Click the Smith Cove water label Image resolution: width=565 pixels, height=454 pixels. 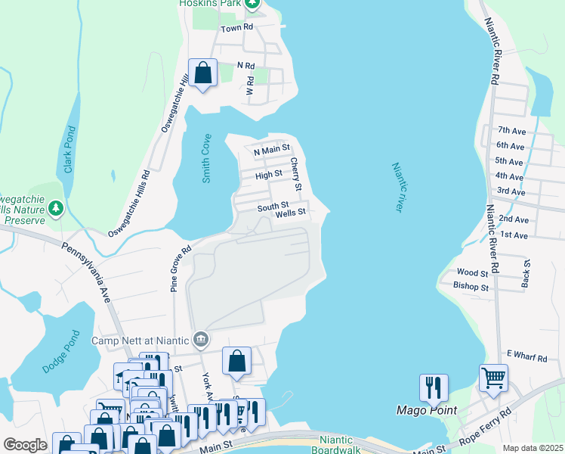(x=206, y=159)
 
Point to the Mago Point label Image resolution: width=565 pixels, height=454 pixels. (x=427, y=411)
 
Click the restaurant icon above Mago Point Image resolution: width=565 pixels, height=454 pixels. (x=434, y=387)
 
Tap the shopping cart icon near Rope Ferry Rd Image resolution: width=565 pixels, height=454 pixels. (x=493, y=377)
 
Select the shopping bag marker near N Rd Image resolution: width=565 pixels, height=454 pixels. (x=203, y=73)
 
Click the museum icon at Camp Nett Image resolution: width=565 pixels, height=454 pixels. (x=200, y=338)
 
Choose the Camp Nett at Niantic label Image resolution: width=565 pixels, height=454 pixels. (x=140, y=340)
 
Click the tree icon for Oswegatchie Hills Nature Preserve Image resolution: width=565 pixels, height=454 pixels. (x=55, y=207)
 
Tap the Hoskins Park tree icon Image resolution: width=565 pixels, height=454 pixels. (x=253, y=4)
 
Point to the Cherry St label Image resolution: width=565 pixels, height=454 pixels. (x=296, y=175)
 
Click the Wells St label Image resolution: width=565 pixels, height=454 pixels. (x=290, y=213)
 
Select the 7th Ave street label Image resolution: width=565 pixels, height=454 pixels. (x=511, y=131)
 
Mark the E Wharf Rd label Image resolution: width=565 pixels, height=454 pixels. (x=526, y=354)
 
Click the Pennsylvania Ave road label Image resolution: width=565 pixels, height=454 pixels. (x=88, y=273)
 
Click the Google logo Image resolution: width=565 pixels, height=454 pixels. (x=25, y=445)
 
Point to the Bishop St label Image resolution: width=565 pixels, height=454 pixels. (x=471, y=287)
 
